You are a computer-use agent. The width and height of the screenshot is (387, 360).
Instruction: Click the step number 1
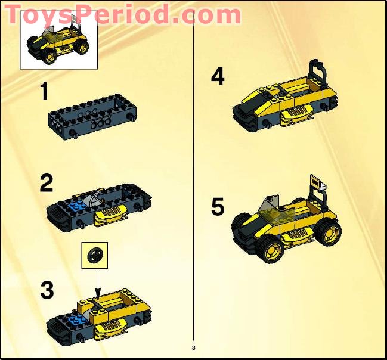(44, 93)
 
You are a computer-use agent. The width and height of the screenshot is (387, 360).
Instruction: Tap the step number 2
(46, 183)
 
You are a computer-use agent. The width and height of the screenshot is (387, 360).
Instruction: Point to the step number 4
(218, 76)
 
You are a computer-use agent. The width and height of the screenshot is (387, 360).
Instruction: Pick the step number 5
(218, 207)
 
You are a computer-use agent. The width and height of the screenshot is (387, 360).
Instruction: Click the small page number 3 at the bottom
(193, 347)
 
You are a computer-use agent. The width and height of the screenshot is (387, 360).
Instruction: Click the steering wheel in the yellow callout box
(94, 256)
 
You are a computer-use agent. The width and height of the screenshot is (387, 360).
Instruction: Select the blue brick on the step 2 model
(76, 207)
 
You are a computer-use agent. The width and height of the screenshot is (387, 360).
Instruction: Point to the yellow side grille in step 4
(296, 113)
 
